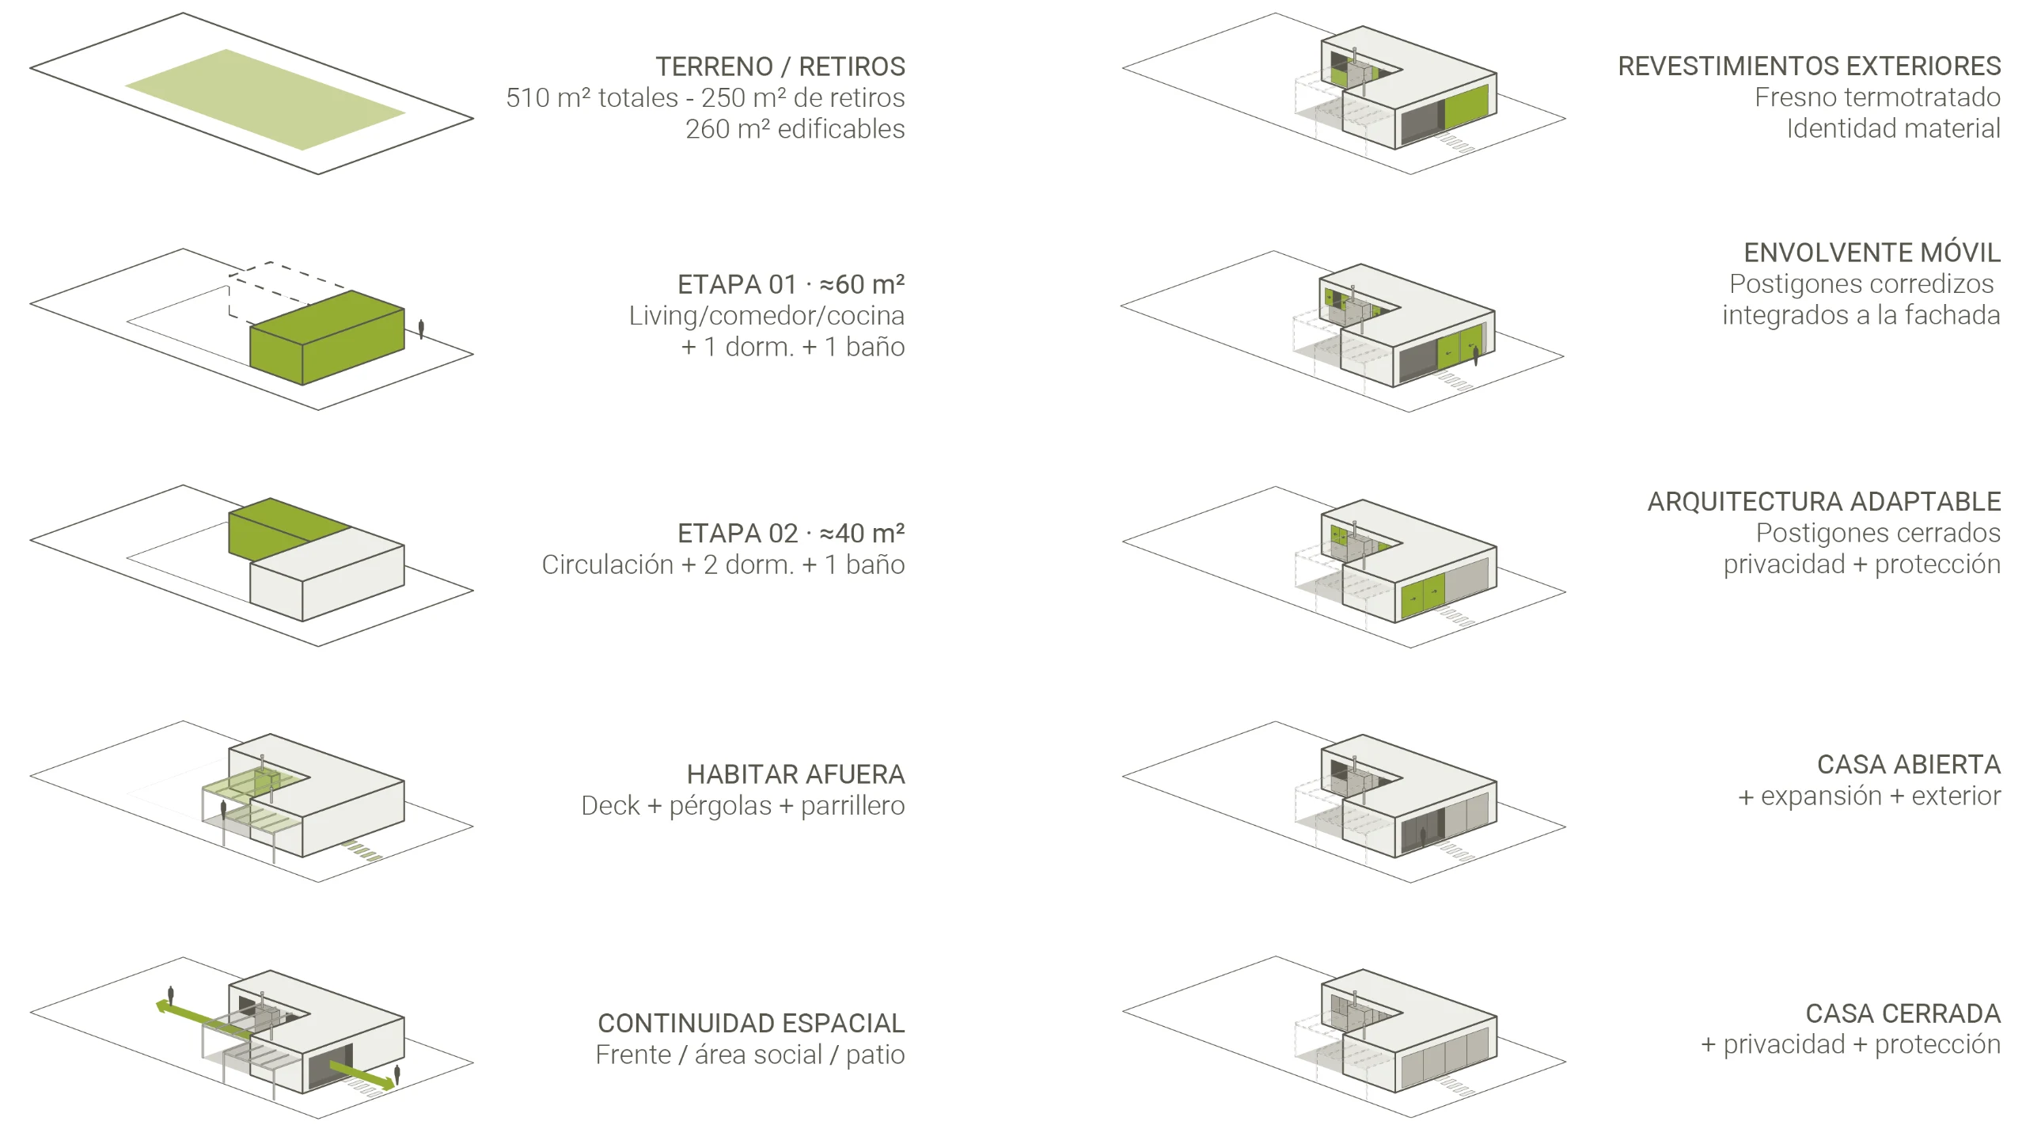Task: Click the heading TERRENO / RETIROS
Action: pyautogui.click(x=780, y=67)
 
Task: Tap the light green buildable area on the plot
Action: pyautogui.click(x=265, y=100)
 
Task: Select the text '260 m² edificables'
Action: pyautogui.click(x=795, y=128)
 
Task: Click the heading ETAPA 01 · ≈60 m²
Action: pyautogui.click(x=791, y=283)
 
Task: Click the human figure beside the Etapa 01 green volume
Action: pyautogui.click(x=421, y=329)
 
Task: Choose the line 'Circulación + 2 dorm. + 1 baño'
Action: pyautogui.click(x=723, y=564)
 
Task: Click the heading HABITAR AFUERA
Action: pyautogui.click(x=795, y=773)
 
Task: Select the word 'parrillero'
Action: pyautogui.click(x=852, y=805)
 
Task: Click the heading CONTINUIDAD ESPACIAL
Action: pyautogui.click(x=751, y=1023)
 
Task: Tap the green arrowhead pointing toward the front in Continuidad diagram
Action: pyautogui.click(x=385, y=1082)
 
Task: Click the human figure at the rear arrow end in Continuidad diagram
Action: pyautogui.click(x=170, y=996)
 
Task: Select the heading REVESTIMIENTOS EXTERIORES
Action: pyautogui.click(x=1809, y=66)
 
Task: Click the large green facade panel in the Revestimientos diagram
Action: pyautogui.click(x=1466, y=107)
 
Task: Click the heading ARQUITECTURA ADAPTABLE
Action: pyautogui.click(x=1824, y=501)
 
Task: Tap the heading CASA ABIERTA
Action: pyautogui.click(x=1909, y=764)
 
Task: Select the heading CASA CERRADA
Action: pyautogui.click(x=1903, y=1013)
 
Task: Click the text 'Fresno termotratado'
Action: pyautogui.click(x=1877, y=97)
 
